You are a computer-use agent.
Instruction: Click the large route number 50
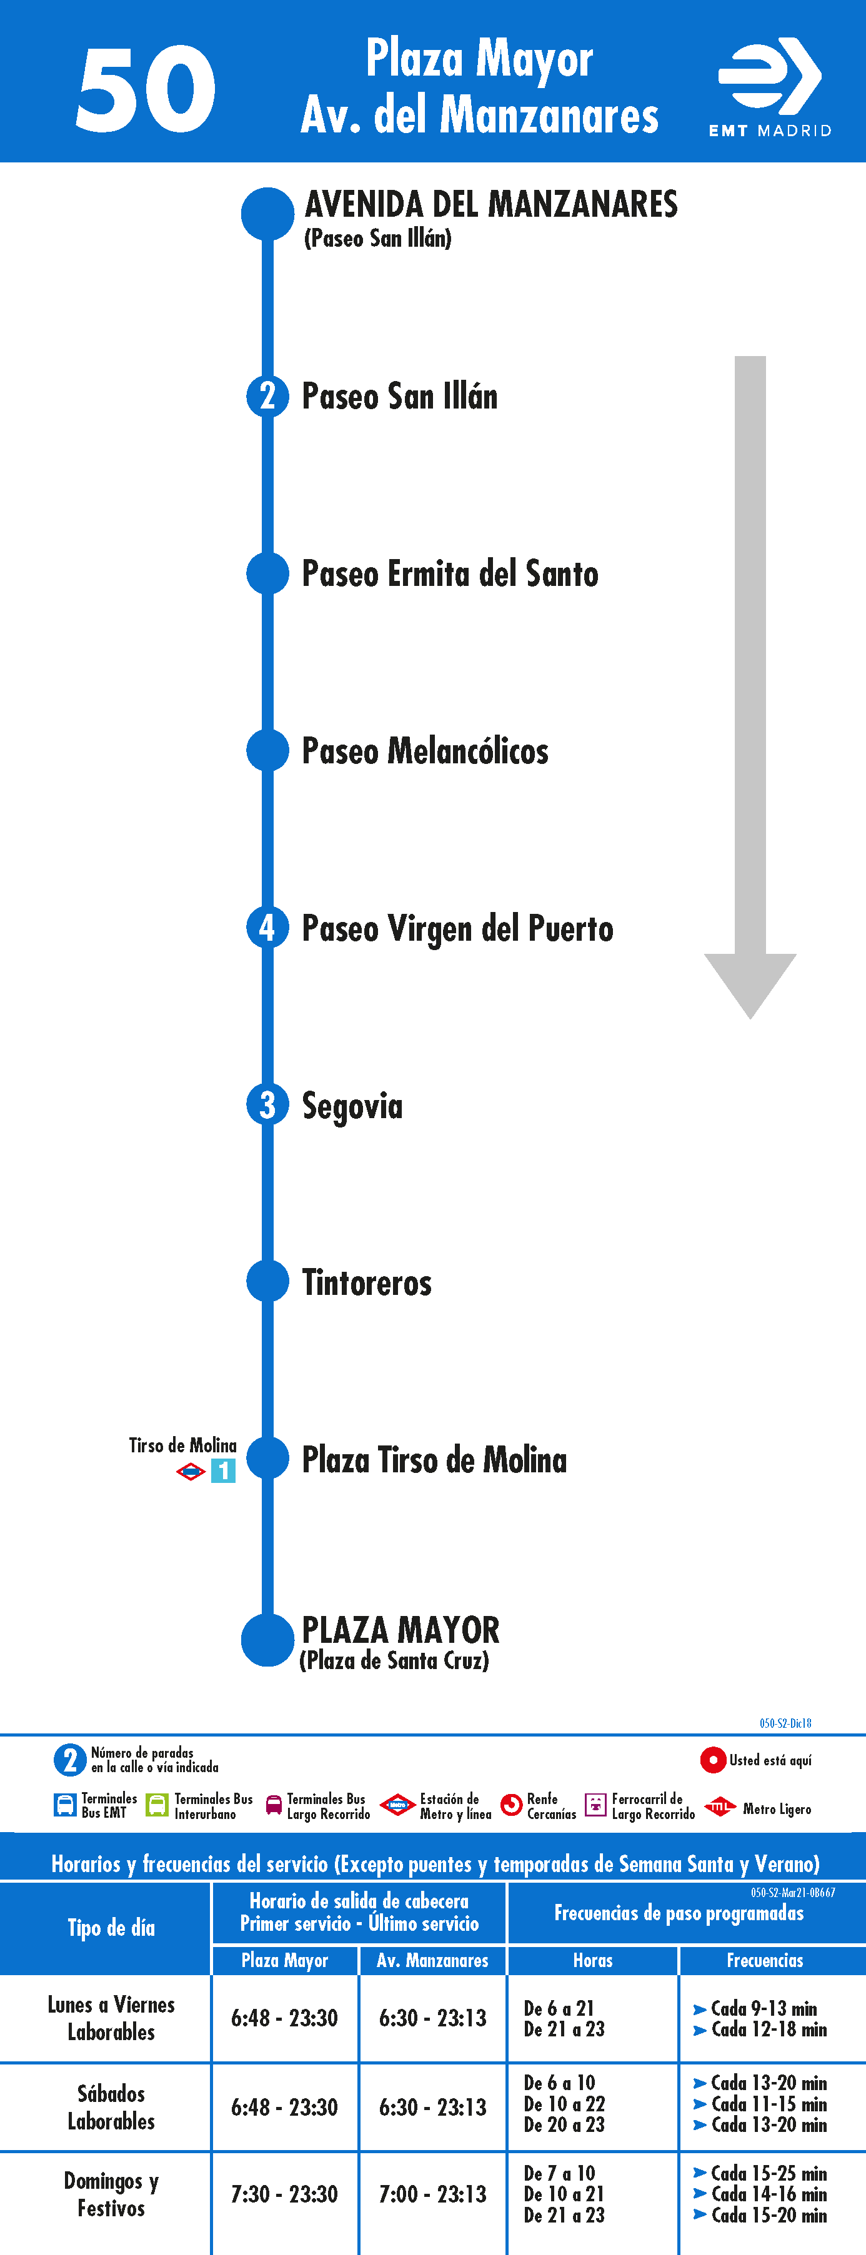pyautogui.click(x=146, y=89)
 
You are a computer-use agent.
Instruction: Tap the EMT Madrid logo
pyautogui.click(x=770, y=87)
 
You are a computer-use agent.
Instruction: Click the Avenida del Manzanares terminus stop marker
pyautogui.click(x=267, y=214)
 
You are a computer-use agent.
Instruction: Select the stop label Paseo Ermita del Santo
pyautogui.click(x=450, y=574)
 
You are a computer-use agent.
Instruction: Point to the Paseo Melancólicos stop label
pyautogui.click(x=425, y=751)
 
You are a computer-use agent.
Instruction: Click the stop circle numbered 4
pyautogui.click(x=267, y=927)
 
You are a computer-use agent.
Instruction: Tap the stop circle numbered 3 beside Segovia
pyautogui.click(x=267, y=1105)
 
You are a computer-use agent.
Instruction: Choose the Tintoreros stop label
pyautogui.click(x=367, y=1282)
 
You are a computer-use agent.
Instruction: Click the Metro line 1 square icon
pyautogui.click(x=223, y=1470)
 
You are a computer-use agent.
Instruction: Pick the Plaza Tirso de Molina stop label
pyautogui.click(x=434, y=1459)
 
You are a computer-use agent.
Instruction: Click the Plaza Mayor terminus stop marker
pyautogui.click(x=267, y=1640)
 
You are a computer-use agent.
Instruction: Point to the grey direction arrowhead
pyautogui.click(x=750, y=986)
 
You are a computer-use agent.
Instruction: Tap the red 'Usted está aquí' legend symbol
pyautogui.click(x=713, y=1760)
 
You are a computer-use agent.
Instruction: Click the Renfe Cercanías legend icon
pyautogui.click(x=510, y=1805)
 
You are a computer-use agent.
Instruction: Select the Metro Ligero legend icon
pyautogui.click(x=720, y=1806)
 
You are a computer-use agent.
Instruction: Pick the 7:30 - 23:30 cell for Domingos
pyautogui.click(x=284, y=2194)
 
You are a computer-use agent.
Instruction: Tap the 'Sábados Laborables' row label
pyautogui.click(x=111, y=2107)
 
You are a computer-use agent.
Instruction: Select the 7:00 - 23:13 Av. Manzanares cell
pyautogui.click(x=432, y=2194)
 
